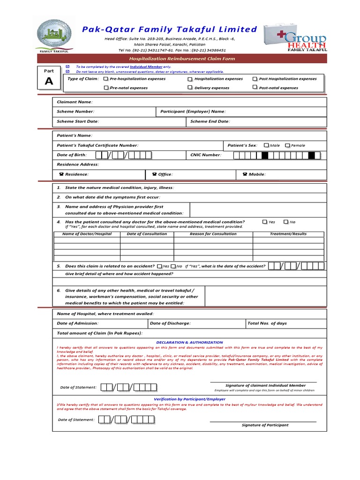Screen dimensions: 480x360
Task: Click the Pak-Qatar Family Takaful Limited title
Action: tap(169, 30)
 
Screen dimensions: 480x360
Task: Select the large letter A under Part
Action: tap(49, 81)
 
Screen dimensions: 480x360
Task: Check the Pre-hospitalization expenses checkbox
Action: tap(106, 79)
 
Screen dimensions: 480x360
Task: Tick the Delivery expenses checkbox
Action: tap(190, 88)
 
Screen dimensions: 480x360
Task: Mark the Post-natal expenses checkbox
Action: tap(255, 87)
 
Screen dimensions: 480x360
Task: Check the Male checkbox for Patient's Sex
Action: tap(266, 145)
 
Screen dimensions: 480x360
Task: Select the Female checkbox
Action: tap(287, 145)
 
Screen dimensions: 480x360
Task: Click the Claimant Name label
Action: tap(75, 102)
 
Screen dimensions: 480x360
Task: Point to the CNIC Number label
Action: tap(205, 155)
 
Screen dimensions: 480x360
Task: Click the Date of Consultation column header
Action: tap(147, 234)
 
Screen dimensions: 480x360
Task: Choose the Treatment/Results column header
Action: tap(288, 234)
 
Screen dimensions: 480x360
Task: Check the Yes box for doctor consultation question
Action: tap(265, 222)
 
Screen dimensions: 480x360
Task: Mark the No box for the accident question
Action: tap(173, 266)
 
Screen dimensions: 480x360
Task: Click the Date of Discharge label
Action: tap(170, 323)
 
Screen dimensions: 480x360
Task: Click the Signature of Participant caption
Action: tap(265, 425)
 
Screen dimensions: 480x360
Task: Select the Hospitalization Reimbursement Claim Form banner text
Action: tap(182, 59)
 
